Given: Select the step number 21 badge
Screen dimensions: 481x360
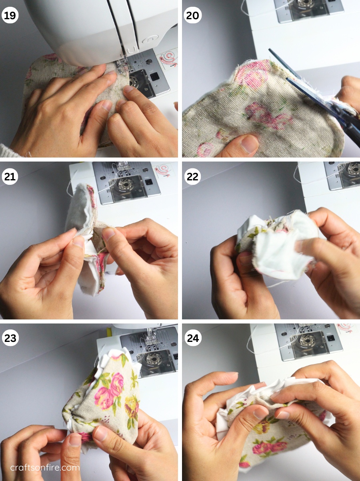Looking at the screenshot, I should point(10,177).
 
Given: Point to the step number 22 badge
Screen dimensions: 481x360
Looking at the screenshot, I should point(193,177).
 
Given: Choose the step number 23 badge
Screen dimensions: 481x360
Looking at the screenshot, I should point(10,338).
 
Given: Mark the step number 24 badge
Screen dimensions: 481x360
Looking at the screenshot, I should point(193,338).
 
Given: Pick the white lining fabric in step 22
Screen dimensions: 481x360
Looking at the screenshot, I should point(276,251).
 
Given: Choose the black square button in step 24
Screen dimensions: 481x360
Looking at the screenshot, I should point(331,338).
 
